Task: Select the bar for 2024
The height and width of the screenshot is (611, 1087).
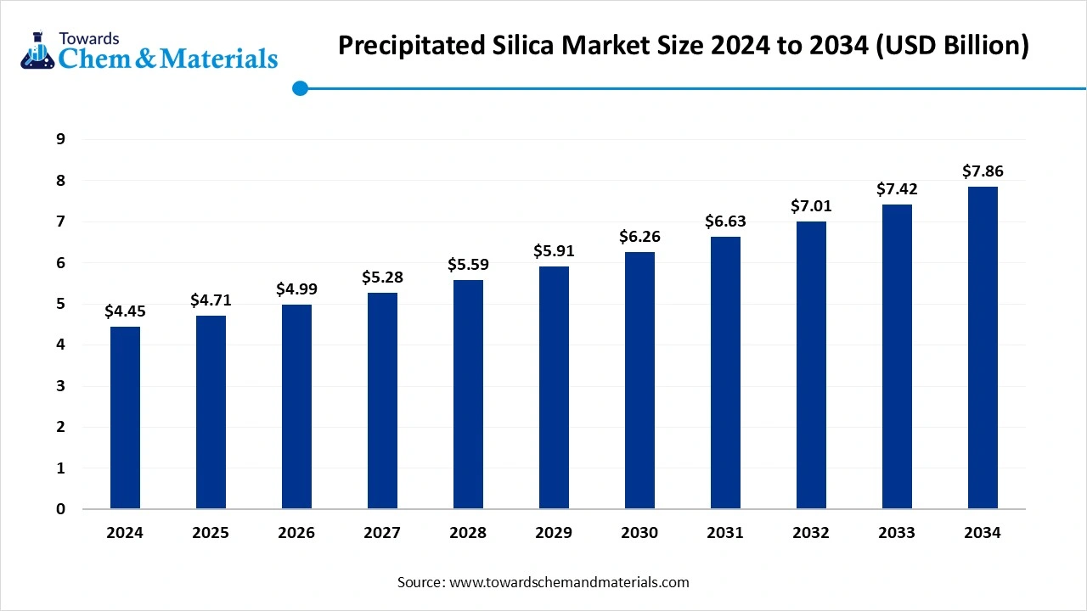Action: pos(125,418)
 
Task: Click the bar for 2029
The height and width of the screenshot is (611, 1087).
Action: pos(554,388)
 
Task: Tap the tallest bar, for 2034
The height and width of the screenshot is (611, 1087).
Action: pos(983,348)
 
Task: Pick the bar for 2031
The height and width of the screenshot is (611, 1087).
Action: pos(725,373)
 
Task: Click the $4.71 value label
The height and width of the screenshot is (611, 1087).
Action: pos(211,300)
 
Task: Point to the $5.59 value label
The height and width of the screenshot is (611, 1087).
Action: pos(468,264)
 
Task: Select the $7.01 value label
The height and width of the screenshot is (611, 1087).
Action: pos(811,205)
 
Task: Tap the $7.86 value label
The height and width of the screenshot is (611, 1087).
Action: pos(983,171)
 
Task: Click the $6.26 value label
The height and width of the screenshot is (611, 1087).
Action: pos(639,236)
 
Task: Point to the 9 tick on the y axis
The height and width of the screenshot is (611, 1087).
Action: pos(60,139)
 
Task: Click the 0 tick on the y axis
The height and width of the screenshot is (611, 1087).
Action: pos(60,509)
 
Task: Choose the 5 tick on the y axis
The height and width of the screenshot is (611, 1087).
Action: pos(60,304)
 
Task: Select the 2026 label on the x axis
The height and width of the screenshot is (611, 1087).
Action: pos(296,533)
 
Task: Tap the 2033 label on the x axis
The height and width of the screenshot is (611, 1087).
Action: pos(897,533)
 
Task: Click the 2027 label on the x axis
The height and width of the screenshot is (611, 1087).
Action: pos(382,533)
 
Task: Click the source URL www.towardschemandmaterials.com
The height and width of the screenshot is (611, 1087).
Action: pos(568,582)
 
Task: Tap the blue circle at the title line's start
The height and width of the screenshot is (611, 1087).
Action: pos(299,87)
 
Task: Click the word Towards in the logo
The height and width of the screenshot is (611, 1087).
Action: pos(88,38)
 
